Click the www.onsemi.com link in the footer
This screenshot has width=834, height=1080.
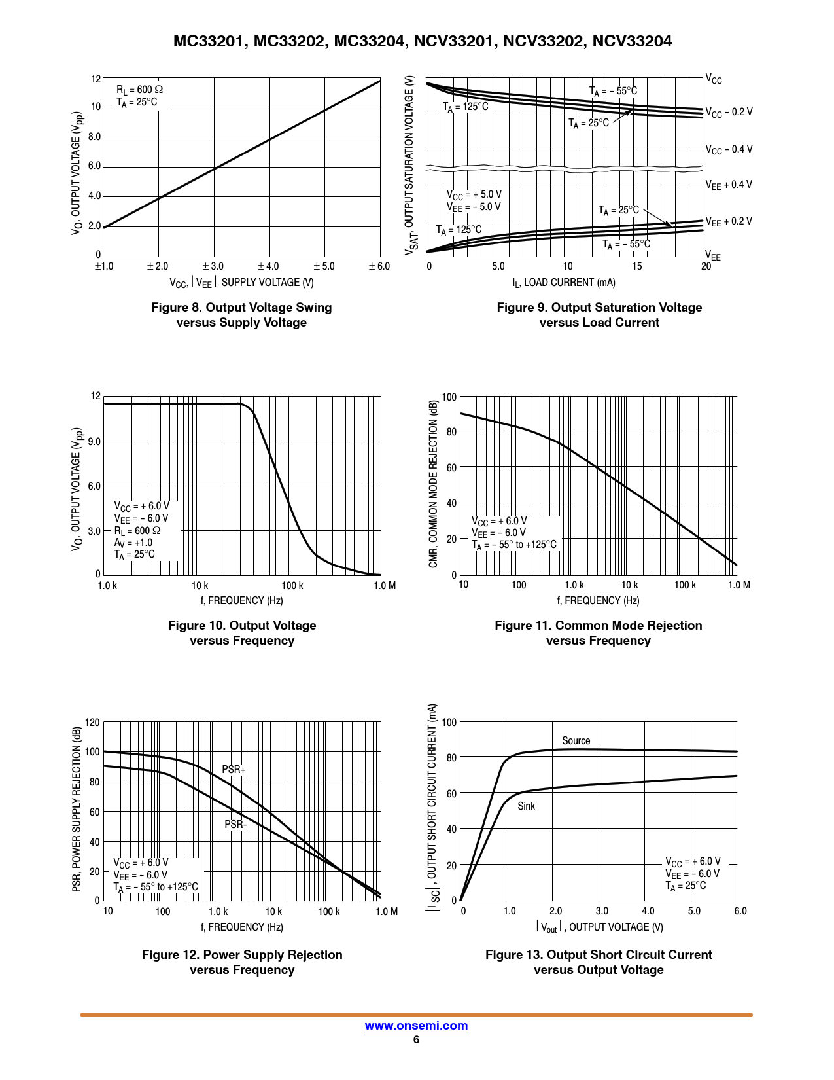coord(416,1026)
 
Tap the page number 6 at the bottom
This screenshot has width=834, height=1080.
coord(416,1040)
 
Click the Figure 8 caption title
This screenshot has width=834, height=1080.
coord(241,308)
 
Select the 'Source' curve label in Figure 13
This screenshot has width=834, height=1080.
coord(576,741)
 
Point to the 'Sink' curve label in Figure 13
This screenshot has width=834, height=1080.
coord(526,806)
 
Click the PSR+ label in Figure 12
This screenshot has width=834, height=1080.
coord(234,770)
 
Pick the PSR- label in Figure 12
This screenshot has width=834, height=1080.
coord(236,825)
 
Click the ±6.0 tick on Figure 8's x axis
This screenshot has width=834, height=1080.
coord(379,266)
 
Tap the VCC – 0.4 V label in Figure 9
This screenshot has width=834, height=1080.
coord(729,149)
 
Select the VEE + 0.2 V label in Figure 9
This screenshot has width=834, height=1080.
coord(729,221)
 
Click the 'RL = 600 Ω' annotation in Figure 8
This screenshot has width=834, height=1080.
coord(139,90)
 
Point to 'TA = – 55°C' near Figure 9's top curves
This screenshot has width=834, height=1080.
coord(613,92)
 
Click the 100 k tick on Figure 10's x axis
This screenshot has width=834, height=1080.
coord(292,586)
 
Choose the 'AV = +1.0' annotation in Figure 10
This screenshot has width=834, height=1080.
coord(133,543)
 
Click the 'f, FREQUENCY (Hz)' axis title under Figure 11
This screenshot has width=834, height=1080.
coord(598,601)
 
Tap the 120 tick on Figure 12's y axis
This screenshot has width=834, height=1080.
coord(93,723)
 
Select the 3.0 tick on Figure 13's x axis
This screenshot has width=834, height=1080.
coord(602,911)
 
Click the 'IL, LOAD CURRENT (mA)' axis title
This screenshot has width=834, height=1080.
coord(563,283)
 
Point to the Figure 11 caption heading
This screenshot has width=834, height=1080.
coord(598,626)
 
